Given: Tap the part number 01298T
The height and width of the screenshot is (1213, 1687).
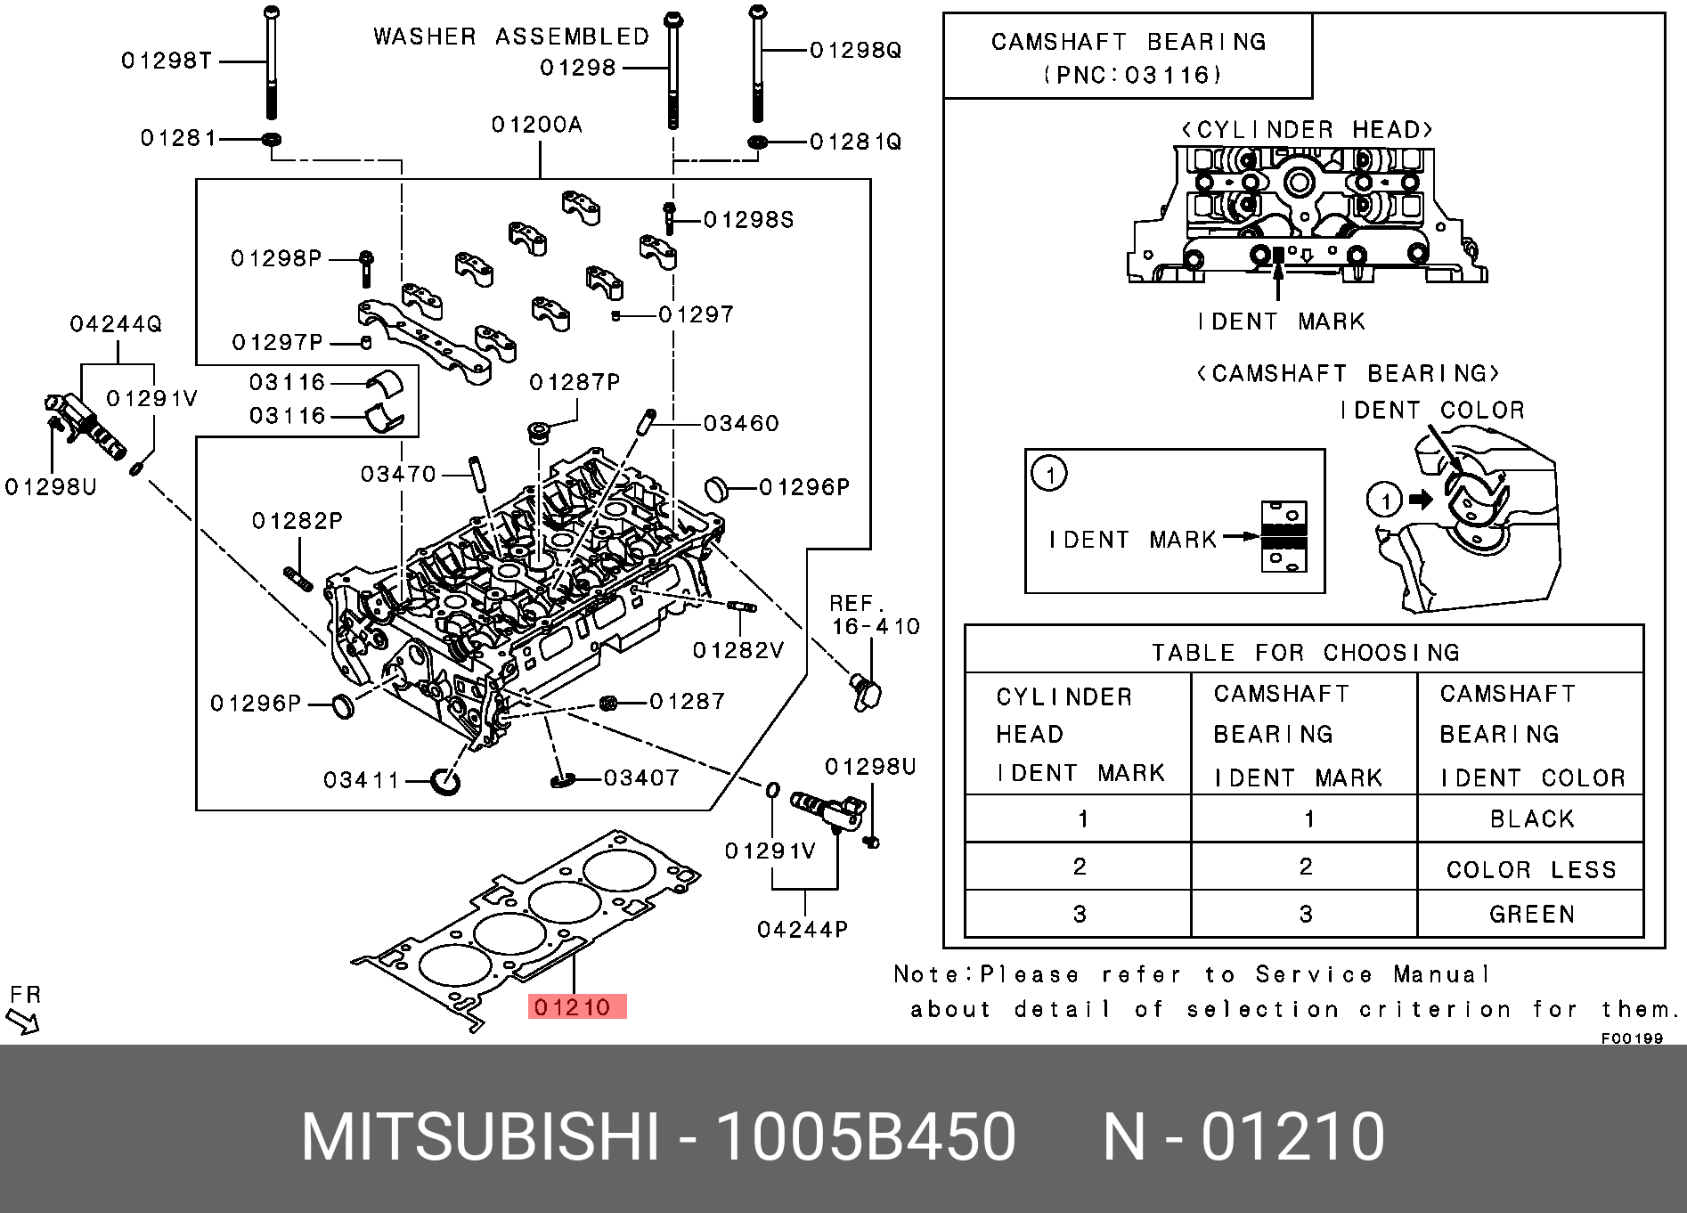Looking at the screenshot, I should click(x=167, y=61).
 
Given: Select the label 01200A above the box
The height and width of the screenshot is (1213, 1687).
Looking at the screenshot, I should click(x=537, y=125).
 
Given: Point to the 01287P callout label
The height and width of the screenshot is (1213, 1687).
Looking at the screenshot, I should click(x=575, y=382).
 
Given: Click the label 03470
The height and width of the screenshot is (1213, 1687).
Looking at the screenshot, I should click(x=398, y=474).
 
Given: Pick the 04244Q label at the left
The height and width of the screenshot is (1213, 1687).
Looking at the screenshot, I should click(x=116, y=324).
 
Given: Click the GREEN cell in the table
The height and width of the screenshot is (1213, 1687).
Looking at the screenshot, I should click(x=1531, y=915).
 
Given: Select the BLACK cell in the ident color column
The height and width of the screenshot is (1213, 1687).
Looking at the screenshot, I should click(x=1531, y=819).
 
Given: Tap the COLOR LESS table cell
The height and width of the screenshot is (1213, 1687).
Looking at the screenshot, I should click(x=1531, y=869).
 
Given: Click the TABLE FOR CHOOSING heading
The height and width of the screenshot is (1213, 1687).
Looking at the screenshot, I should click(x=1305, y=653).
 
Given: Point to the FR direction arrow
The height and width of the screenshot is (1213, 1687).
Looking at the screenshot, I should click(x=22, y=1020).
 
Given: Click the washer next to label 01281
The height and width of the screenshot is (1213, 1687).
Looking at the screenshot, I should click(x=272, y=139).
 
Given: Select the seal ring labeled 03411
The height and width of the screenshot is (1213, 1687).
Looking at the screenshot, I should click(x=444, y=780).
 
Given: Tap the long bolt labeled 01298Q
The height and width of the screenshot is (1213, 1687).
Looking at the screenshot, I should click(x=757, y=62).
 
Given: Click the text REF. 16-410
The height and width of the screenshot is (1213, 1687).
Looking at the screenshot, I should click(x=874, y=615).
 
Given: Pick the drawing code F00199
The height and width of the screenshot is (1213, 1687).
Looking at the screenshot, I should click(x=1632, y=1038).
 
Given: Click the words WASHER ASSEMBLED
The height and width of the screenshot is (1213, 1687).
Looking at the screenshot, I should click(x=511, y=37).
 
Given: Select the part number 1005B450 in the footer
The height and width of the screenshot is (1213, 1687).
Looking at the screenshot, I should click(x=866, y=1136).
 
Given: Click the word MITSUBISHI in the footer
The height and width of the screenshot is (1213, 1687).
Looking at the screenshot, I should click(x=480, y=1136).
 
